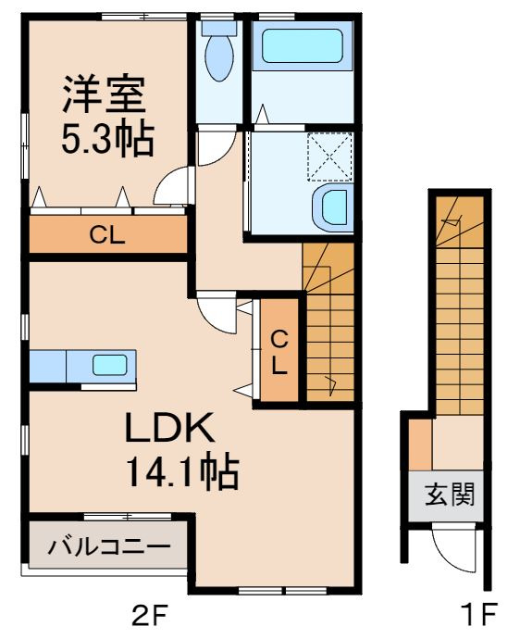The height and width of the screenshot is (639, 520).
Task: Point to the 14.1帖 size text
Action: [x=182, y=472]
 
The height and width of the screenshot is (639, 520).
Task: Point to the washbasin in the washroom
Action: [x=332, y=207]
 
